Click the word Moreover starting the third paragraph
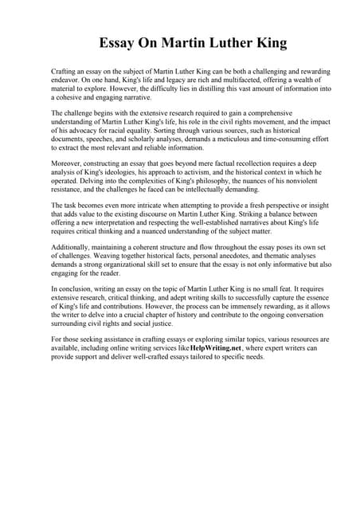68,163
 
